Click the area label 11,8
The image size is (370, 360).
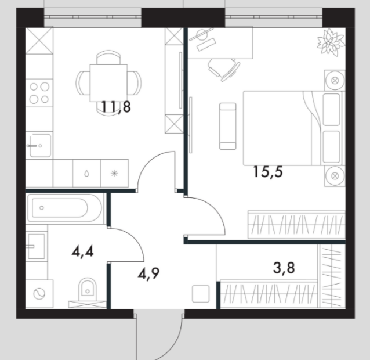pos(116,107)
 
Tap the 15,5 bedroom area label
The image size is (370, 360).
pos(268,172)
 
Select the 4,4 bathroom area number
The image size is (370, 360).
pos(82,252)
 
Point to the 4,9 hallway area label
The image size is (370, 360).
pos(148,273)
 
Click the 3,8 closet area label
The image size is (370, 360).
pos(284,268)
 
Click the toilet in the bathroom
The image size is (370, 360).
pos(87,289)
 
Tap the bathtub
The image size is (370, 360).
pos(65,208)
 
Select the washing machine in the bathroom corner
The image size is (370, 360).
pos(39,294)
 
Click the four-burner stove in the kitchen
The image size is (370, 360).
pos(39,93)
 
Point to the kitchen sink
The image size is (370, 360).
pos(39,146)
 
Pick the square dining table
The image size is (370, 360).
pos(108,83)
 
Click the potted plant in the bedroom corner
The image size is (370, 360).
pos(330,42)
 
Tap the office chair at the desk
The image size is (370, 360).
pos(224,69)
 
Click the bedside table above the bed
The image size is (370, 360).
pos(335,80)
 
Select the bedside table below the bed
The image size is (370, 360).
pos(335,176)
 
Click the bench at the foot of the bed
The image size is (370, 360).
pos(228,126)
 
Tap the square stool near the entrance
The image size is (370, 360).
pos(201,294)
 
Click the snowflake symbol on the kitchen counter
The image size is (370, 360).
pos(114,174)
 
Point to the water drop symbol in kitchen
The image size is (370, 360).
pos(87,174)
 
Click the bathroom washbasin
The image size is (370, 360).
pos(36,246)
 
